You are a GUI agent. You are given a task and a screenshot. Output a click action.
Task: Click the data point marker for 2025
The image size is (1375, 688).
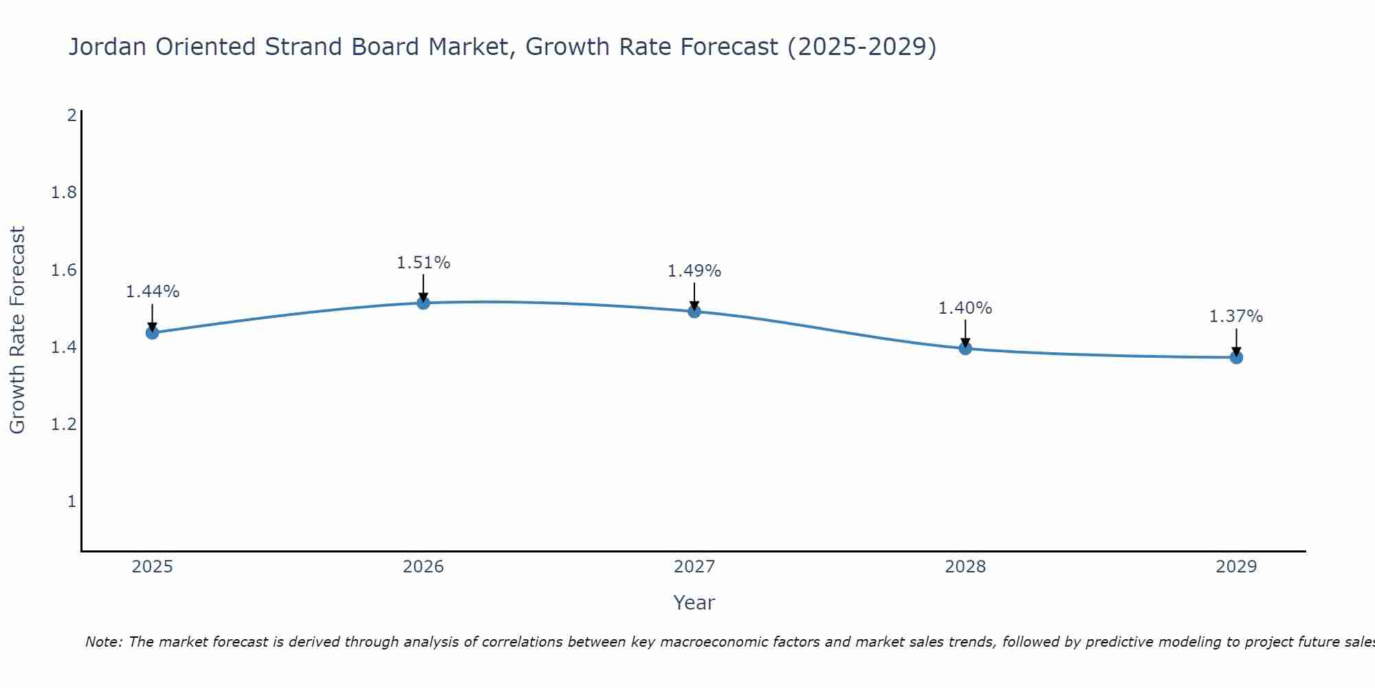(x=153, y=333)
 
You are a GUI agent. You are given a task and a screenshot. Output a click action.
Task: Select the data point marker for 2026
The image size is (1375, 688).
(x=423, y=303)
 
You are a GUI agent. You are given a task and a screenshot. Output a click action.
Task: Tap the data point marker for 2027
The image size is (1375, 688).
(x=694, y=312)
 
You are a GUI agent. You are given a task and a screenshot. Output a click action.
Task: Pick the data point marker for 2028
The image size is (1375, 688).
(x=965, y=348)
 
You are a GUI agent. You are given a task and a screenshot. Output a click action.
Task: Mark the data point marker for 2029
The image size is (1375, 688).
(x=1236, y=357)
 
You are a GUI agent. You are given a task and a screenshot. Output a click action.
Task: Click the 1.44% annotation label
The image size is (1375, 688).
(x=153, y=292)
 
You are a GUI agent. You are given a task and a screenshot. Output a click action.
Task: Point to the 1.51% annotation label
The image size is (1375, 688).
(x=423, y=263)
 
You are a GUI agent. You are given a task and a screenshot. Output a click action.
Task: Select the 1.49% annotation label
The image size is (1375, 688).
(x=694, y=271)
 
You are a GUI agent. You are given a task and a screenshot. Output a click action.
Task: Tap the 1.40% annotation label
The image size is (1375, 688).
(x=965, y=308)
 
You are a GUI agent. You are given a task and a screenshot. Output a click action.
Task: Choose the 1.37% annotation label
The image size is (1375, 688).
(x=1236, y=316)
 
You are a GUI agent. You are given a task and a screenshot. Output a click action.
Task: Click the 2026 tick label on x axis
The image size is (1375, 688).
(x=423, y=567)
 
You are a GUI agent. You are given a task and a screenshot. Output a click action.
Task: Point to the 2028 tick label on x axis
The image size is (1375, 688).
(x=965, y=567)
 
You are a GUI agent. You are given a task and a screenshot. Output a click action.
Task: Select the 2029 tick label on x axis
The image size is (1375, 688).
(x=1236, y=567)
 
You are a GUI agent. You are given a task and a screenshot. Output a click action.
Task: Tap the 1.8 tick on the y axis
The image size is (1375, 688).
(x=64, y=193)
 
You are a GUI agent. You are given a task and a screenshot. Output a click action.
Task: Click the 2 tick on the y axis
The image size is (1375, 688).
(x=71, y=116)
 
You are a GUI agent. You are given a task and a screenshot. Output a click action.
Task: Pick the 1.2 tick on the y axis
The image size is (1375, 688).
(x=64, y=424)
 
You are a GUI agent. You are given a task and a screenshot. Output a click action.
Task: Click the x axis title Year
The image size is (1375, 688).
(x=694, y=603)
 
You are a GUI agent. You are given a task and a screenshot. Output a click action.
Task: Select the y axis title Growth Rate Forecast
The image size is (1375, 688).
(x=18, y=330)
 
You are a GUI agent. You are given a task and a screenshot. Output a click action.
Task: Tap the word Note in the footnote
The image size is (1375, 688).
(x=104, y=642)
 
